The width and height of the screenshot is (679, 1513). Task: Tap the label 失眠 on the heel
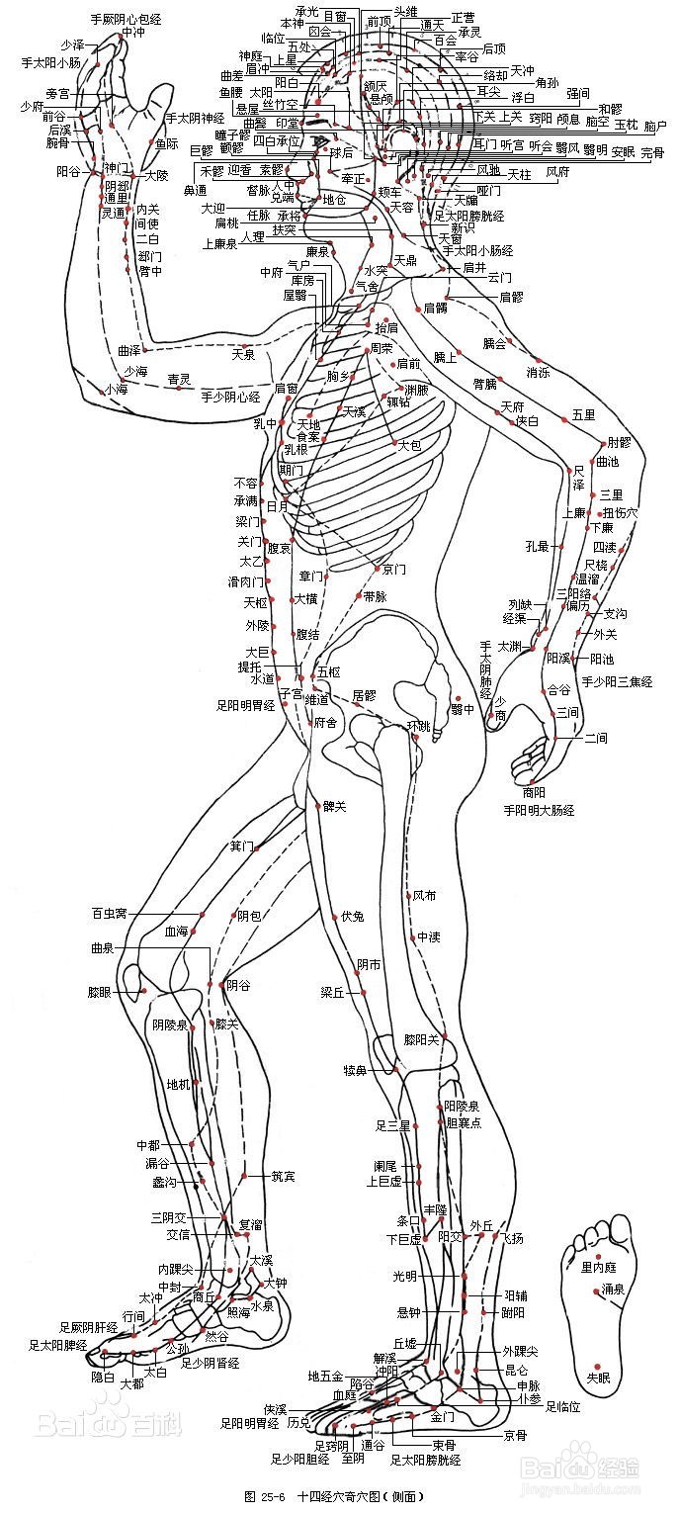(x=600, y=1376)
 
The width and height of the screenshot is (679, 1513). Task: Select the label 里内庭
(x=599, y=1267)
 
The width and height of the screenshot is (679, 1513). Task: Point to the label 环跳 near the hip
(x=419, y=725)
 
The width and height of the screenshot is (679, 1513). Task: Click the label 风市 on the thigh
(x=424, y=896)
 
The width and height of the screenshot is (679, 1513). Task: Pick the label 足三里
(x=392, y=1125)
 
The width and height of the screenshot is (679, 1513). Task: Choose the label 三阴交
(x=169, y=1216)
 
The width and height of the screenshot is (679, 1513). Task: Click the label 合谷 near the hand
(x=559, y=689)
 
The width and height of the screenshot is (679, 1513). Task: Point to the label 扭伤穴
(x=621, y=512)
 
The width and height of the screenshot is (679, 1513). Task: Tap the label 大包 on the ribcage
(x=410, y=446)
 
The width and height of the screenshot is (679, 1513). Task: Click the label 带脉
(x=376, y=596)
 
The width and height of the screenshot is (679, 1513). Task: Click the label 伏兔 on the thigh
(x=352, y=917)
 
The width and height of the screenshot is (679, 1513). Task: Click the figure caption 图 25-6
(x=266, y=1496)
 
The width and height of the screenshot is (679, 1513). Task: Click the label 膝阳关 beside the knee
(x=421, y=1039)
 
